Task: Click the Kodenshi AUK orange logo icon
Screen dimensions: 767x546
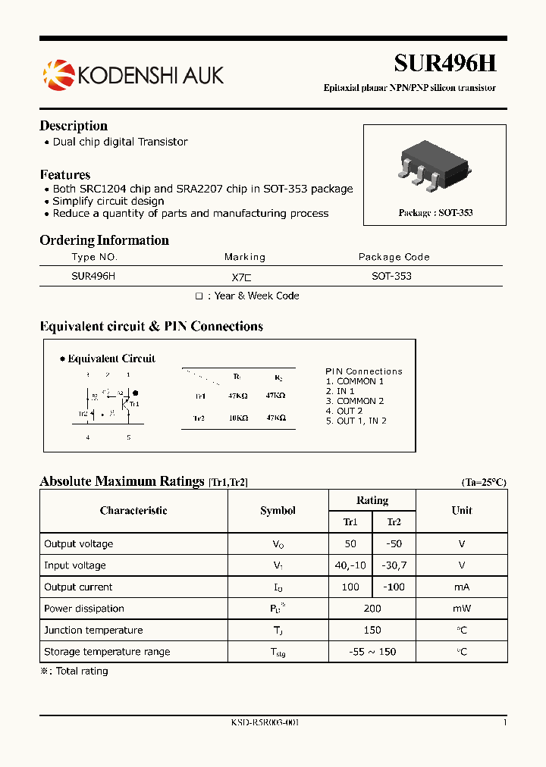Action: pos(58,74)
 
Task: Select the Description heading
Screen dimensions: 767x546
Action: pos(74,126)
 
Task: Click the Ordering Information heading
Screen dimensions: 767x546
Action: pos(104,240)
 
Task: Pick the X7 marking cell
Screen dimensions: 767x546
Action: pos(244,277)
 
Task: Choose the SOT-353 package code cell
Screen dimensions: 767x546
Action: pos(391,277)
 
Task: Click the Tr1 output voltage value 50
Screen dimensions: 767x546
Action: pos(350,544)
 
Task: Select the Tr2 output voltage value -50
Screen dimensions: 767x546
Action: pos(394,544)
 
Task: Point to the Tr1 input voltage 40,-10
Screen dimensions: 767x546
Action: pos(350,565)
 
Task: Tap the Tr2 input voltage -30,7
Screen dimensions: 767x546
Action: pos(394,565)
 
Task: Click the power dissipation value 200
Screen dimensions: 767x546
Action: pos(372,609)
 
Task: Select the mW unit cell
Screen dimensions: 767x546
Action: pos(461,609)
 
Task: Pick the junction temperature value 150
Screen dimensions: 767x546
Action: pos(372,630)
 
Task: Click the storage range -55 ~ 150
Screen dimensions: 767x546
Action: pos(372,652)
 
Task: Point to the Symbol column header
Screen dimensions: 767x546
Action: pos(278,511)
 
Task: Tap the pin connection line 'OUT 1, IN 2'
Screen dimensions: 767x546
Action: pos(356,421)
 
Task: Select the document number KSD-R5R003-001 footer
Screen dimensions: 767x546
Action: pos(265,723)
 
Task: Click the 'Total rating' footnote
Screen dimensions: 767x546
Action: pos(79,672)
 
